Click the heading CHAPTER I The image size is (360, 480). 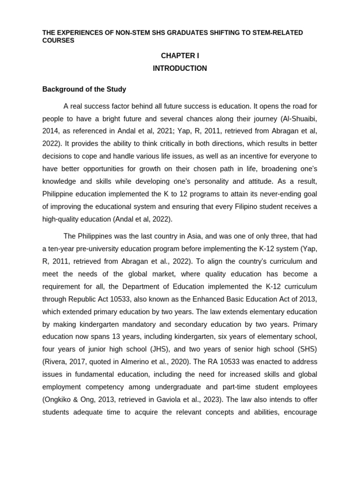tap(180, 56)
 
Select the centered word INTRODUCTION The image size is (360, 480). tap(180, 68)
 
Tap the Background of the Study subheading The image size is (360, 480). tap(84, 89)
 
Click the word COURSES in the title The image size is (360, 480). tap(58, 40)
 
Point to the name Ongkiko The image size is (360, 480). tap(60, 400)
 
